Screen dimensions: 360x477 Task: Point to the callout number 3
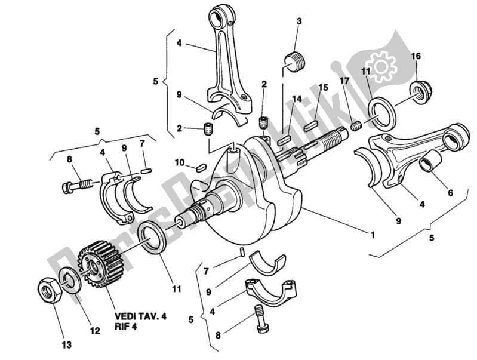tap(299, 23)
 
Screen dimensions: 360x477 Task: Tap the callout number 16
tap(416, 56)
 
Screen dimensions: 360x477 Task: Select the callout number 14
tap(297, 98)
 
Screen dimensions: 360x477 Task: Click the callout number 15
tap(323, 88)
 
